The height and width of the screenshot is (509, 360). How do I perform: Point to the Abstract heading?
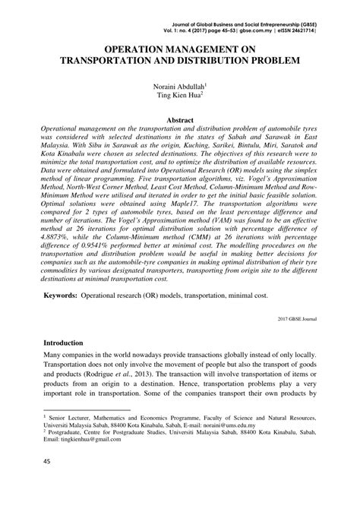(x=180, y=119)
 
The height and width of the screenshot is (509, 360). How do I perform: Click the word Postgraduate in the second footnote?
(x=110, y=437)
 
